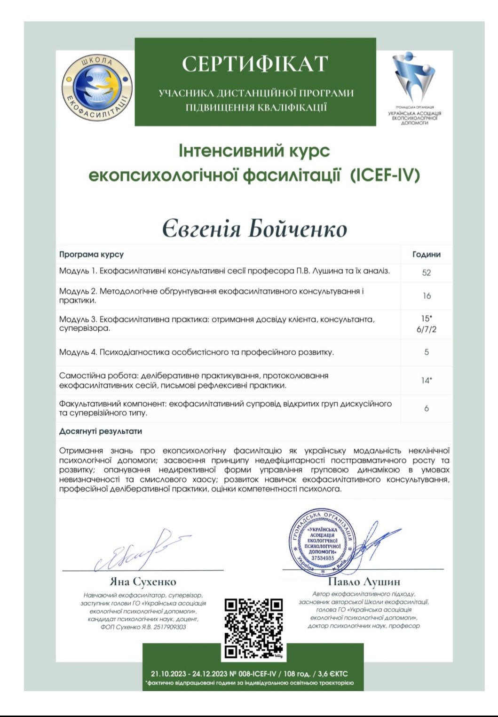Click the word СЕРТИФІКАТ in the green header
pos(255,64)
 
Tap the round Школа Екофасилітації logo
pos(97,88)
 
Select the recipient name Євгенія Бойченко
pos(254,229)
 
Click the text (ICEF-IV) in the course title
pos(385,175)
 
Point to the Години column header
pos(426,255)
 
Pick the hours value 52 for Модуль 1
pos(426,272)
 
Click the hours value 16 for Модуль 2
pos(426,296)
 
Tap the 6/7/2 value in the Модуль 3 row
pos(426,329)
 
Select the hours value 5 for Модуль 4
pos(426,352)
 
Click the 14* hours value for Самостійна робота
pos(426,380)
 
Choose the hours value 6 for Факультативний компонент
pos(426,408)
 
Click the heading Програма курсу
pos(91,255)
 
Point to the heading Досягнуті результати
pos(100,431)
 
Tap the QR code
pos(253,628)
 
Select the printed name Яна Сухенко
pos(143,582)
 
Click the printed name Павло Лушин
pos(364,582)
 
